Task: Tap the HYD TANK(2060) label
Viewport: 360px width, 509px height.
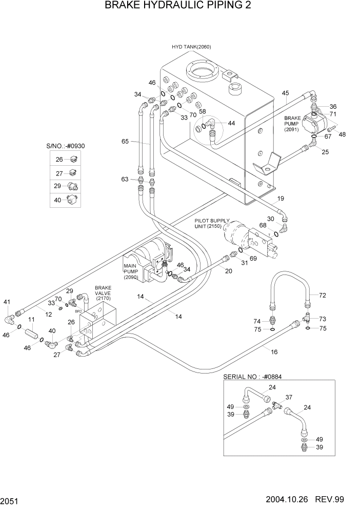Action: coord(191,47)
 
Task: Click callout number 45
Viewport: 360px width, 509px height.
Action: coord(285,93)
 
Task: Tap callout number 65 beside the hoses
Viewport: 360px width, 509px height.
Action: coord(125,141)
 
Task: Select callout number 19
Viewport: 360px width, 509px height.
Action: coord(280,198)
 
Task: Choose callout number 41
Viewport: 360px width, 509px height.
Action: coord(7,302)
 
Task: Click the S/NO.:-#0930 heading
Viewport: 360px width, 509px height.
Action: coord(65,146)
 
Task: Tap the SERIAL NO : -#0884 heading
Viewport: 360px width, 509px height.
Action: coord(253,376)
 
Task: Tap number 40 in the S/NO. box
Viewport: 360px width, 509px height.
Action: coord(58,199)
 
